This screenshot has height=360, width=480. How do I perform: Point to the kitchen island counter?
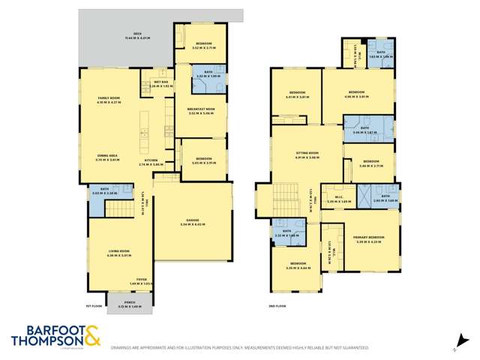pyautogui.click(x=145, y=136)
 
